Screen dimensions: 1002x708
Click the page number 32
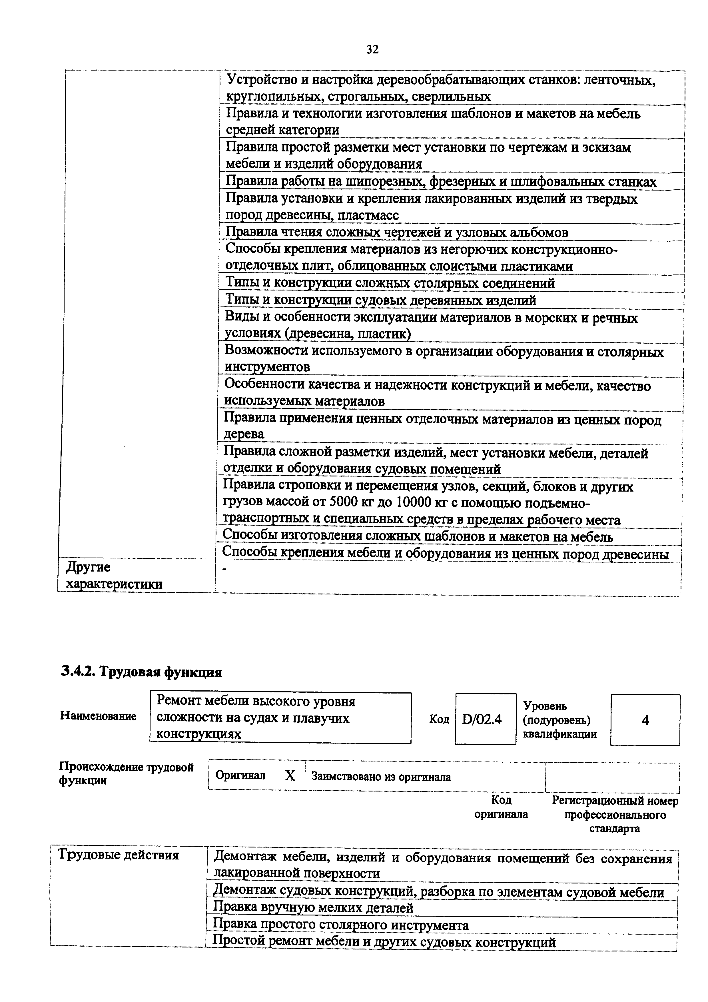pyautogui.click(x=372, y=50)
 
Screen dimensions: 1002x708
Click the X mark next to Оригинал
pyautogui.click(x=290, y=775)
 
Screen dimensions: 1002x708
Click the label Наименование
pyautogui.click(x=98, y=716)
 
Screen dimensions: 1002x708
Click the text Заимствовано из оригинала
pyautogui.click(x=381, y=777)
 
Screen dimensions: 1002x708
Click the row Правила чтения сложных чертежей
pyautogui.click(x=396, y=232)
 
